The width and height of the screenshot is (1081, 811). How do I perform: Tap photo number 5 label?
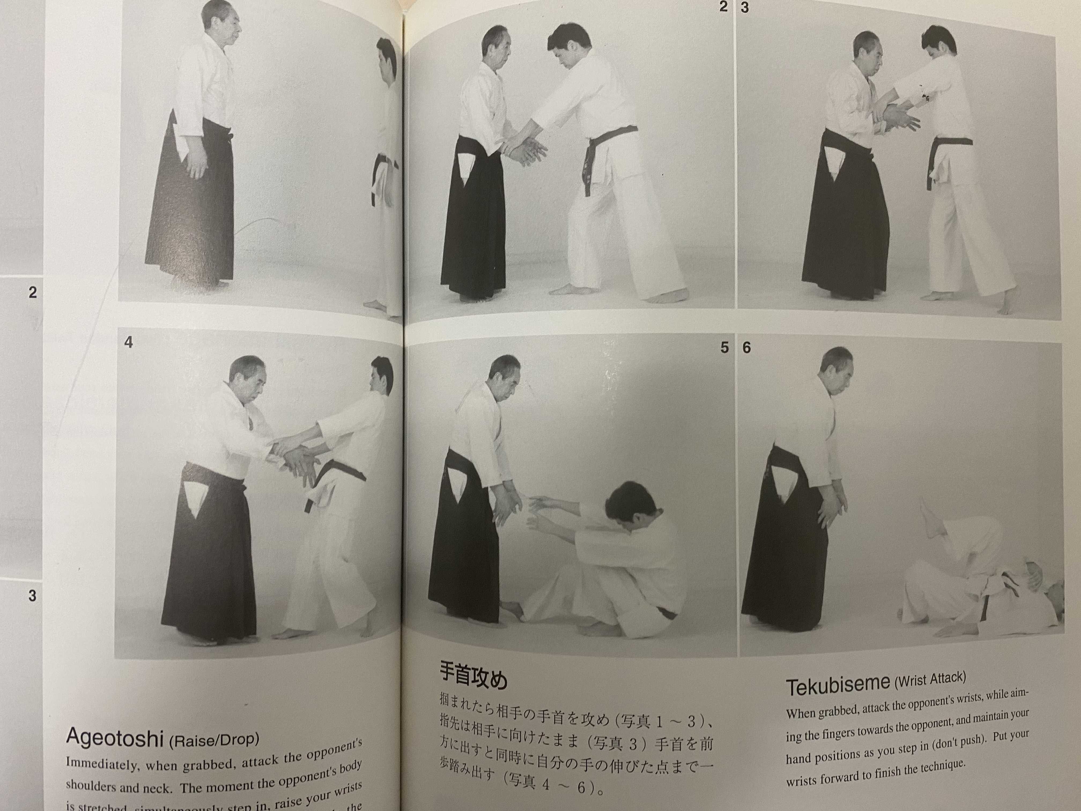[724, 348]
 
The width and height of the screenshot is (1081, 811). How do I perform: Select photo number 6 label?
[746, 348]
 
